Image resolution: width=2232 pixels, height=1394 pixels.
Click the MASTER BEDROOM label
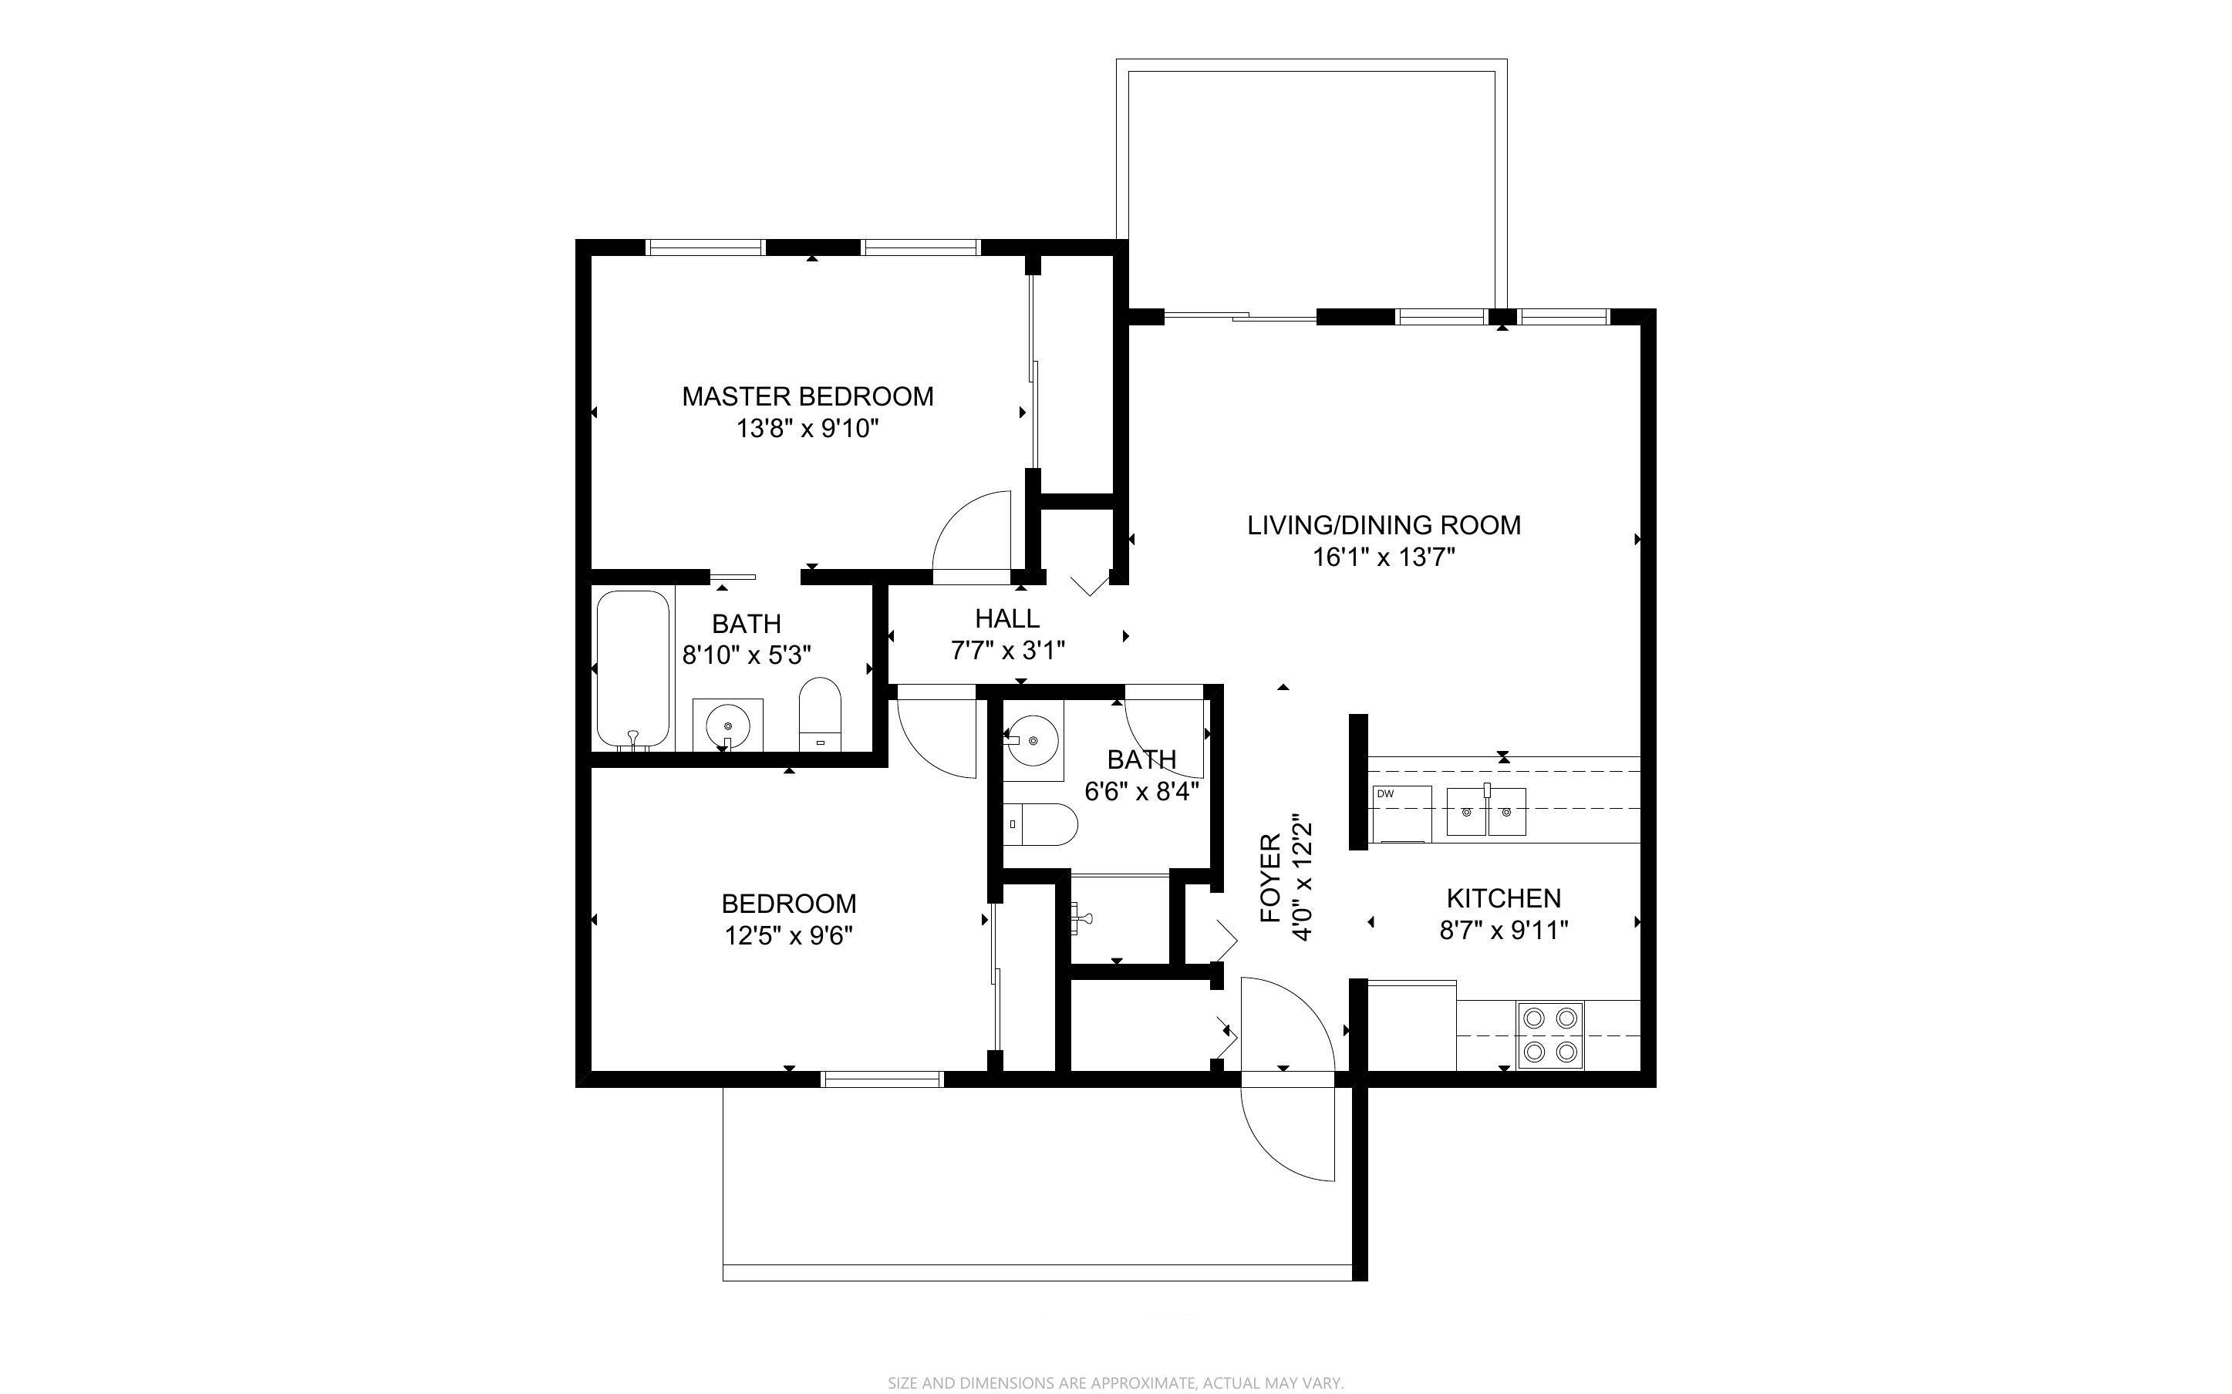[x=807, y=396]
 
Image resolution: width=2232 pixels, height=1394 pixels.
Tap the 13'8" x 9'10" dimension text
[x=807, y=429]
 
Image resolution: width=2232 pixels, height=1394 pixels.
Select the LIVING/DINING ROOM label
[x=1384, y=526]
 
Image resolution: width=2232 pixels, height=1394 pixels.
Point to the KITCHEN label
[x=1504, y=898]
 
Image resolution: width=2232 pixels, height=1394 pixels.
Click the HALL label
[x=1008, y=618]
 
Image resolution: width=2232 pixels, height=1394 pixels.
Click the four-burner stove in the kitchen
[x=1549, y=1035]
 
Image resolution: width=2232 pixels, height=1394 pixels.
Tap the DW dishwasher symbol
[x=1401, y=813]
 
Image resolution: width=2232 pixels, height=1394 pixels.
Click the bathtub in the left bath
[x=632, y=670]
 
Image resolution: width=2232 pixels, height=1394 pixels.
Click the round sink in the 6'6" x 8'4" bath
[x=1033, y=740]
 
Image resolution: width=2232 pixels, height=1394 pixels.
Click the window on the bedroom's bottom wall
[x=882, y=1079]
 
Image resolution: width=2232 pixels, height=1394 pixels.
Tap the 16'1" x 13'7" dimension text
[x=1384, y=557]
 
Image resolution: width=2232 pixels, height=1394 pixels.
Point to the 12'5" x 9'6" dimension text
[x=788, y=936]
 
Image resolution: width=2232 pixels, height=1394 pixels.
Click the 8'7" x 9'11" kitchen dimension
[x=1504, y=931]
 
